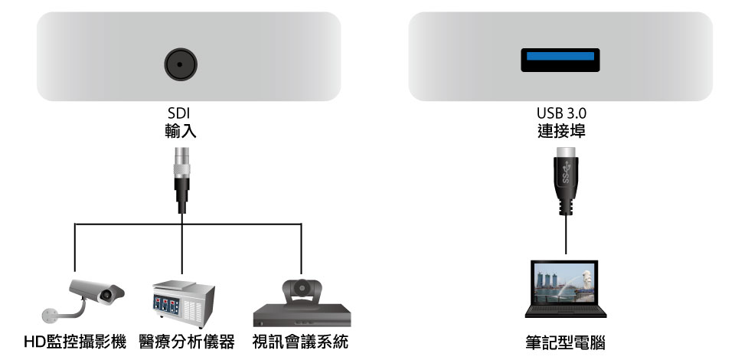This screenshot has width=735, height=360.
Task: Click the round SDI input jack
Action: click(x=180, y=65)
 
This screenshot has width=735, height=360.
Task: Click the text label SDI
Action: click(x=180, y=114)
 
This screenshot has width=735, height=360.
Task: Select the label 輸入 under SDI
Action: click(x=180, y=131)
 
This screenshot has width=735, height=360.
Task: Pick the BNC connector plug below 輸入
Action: click(x=181, y=179)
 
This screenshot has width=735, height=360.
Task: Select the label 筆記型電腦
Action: click(x=564, y=342)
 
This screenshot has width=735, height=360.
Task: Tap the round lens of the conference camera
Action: click(x=302, y=289)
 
